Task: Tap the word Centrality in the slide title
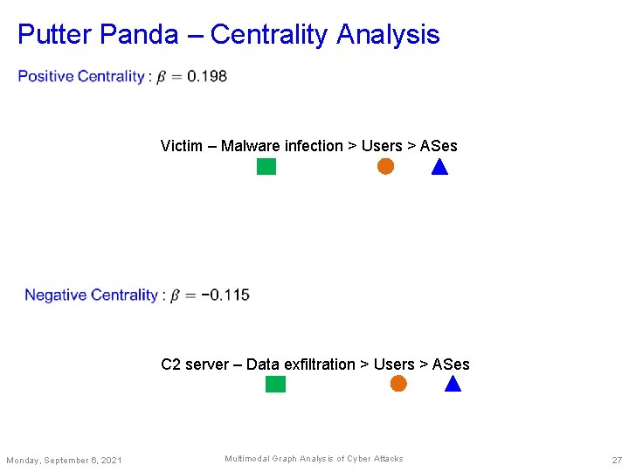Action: click(270, 35)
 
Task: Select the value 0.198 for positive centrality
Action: click(207, 76)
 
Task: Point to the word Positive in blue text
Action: click(45, 76)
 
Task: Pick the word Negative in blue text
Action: click(56, 295)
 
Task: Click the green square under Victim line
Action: click(266, 166)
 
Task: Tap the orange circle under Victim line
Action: click(385, 166)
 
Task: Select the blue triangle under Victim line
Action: click(439, 167)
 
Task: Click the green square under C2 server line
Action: click(275, 384)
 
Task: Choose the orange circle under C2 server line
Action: click(398, 384)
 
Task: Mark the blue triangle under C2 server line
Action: click(453, 385)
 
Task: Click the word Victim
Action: click(182, 146)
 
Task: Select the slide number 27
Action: click(617, 460)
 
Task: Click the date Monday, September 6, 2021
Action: click(64, 461)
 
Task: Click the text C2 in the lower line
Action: click(170, 364)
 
